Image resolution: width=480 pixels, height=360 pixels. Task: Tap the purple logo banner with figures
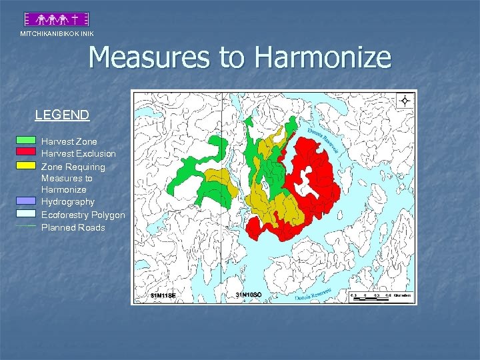[x=57, y=19]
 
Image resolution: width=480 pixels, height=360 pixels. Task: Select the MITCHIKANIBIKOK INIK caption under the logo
[x=57, y=33]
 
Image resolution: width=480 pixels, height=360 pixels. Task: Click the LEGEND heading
[x=62, y=115]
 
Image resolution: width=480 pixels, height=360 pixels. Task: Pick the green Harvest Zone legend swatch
[x=25, y=141]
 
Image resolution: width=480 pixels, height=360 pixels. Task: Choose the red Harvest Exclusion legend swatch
[x=25, y=152]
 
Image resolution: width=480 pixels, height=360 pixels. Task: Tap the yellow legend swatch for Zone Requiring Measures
[x=25, y=165]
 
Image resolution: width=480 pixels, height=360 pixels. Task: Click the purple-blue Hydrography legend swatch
[x=25, y=201]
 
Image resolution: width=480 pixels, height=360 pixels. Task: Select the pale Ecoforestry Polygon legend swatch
[x=25, y=214]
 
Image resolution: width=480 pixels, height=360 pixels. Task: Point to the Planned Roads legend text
[x=73, y=227]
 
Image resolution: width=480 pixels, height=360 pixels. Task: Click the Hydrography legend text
[x=67, y=201]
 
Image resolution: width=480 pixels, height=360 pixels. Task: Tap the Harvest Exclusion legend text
[x=78, y=153]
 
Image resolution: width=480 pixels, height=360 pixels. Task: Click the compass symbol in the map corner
[x=405, y=101]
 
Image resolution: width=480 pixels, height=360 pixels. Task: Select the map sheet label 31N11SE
[x=163, y=295]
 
